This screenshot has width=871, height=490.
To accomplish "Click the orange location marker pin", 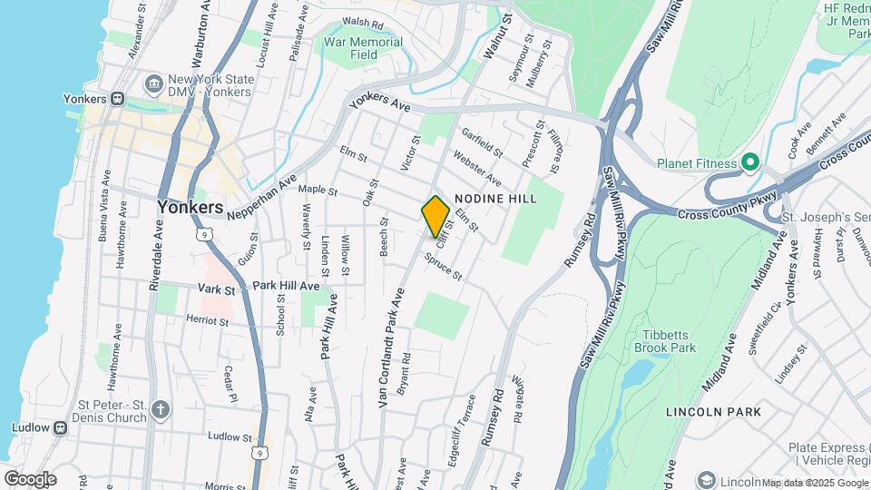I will point(435,216).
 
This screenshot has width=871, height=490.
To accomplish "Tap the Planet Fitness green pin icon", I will point(749,163).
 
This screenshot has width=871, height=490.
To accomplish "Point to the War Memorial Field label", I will point(364,48).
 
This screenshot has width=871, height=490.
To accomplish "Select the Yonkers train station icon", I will point(117,99).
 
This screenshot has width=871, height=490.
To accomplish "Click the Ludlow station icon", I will point(60,427).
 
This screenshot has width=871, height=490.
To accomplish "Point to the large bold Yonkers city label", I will point(190,207).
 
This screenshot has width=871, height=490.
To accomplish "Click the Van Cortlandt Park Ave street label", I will point(390,348).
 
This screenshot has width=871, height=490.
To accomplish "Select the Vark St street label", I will point(217,289).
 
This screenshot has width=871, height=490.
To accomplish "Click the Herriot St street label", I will point(208,320).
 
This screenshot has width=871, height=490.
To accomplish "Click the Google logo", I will point(29,478).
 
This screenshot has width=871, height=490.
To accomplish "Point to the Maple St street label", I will point(318,191).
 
